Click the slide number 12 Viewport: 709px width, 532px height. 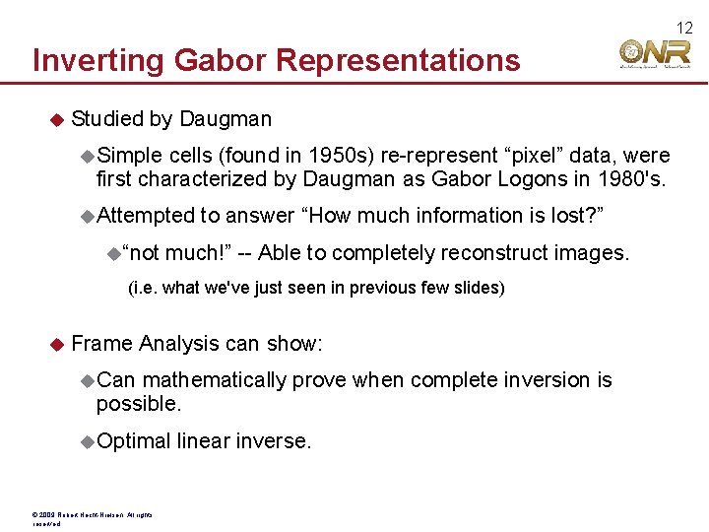point(684,28)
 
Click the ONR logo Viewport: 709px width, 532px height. point(655,53)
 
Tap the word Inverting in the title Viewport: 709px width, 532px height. point(98,61)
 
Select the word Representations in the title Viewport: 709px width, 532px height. point(398,61)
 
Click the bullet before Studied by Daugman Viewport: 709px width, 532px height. point(56,119)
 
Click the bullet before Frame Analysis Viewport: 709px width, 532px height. point(56,344)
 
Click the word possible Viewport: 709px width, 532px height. point(137,404)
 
